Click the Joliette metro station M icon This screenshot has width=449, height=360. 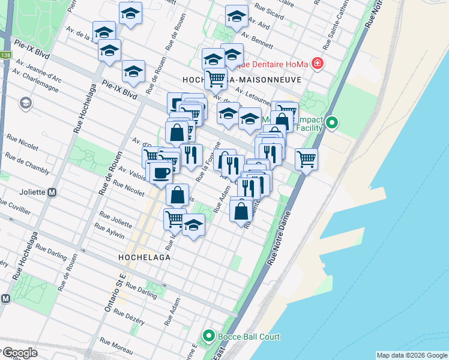(x=52, y=193)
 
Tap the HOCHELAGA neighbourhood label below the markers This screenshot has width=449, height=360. (x=144, y=257)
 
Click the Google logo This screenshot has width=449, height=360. (x=20, y=353)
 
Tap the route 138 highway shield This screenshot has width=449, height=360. (x=6, y=55)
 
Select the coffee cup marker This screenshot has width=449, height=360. (x=160, y=173)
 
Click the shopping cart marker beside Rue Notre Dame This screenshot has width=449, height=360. (x=306, y=159)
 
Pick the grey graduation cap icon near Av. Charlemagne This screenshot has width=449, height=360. (x=26, y=103)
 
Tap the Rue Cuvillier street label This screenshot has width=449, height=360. (x=17, y=207)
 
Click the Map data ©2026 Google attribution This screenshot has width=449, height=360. (x=411, y=355)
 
